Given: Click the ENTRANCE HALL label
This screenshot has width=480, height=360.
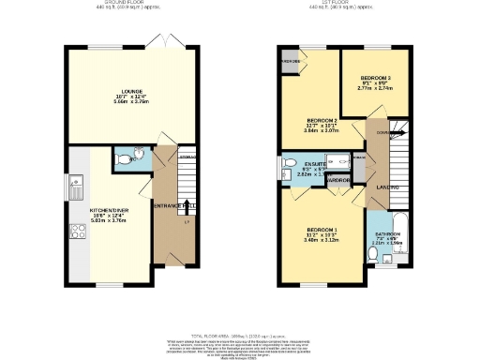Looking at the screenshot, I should tap(174, 204).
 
